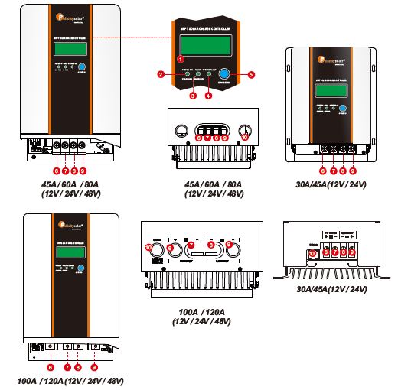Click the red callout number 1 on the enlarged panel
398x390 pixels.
[181, 58]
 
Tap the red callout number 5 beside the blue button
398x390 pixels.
[251, 74]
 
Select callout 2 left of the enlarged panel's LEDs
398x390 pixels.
[161, 74]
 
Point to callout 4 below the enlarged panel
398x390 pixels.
[208, 96]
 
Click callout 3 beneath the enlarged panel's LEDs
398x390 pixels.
[193, 96]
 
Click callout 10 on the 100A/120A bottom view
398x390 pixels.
[149, 247]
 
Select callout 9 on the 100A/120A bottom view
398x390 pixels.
[229, 245]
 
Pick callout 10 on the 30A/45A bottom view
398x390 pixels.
[311, 253]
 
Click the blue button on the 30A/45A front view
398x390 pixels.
[344, 108]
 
